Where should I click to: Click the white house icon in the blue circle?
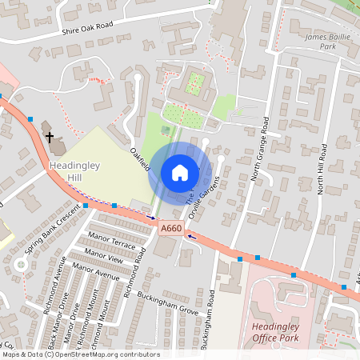180,172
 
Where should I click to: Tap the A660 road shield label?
171,229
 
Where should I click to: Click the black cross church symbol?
50,138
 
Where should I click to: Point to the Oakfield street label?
139,158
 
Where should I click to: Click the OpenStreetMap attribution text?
80,354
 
